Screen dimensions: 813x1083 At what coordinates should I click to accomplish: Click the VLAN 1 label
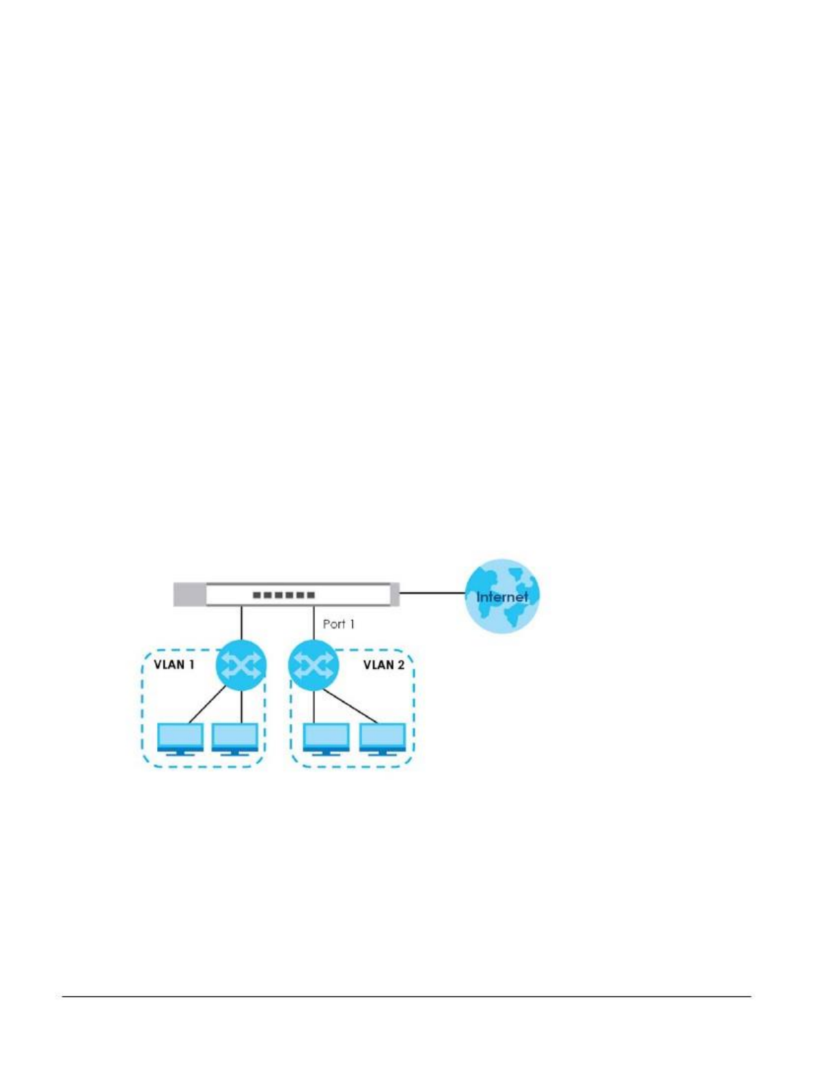(x=174, y=664)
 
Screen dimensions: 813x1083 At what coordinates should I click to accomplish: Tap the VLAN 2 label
(x=384, y=665)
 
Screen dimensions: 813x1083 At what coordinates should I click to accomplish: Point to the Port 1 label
(x=339, y=624)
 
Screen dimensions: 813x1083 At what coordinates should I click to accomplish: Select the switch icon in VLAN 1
(x=240, y=665)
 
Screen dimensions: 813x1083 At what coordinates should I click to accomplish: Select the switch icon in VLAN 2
(x=314, y=665)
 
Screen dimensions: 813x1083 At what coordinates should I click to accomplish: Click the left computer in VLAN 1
(x=180, y=738)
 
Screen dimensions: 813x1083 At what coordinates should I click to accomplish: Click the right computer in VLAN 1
(x=235, y=738)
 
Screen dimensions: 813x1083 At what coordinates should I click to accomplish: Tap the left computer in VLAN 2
(x=326, y=738)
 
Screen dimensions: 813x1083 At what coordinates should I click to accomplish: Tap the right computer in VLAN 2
(x=383, y=738)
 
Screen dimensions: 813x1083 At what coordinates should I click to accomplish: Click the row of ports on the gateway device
(x=284, y=595)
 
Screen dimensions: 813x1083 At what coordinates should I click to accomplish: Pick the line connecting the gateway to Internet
(x=432, y=593)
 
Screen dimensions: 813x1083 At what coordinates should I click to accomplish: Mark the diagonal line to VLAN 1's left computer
(x=207, y=704)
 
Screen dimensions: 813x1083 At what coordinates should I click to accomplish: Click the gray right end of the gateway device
(x=395, y=594)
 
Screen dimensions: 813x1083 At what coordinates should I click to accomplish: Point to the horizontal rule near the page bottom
(x=406, y=996)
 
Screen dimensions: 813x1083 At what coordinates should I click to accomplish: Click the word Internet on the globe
(x=502, y=597)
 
